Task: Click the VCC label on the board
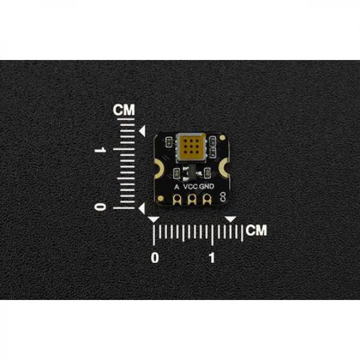(191, 187)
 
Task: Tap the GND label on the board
(206, 187)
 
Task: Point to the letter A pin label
(176, 187)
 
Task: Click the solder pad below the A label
(177, 199)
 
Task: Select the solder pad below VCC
(192, 199)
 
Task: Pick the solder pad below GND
(207, 199)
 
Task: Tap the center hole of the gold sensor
(191, 146)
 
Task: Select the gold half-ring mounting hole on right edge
(224, 169)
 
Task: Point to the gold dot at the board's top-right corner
(222, 138)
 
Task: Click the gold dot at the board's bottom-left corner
(161, 199)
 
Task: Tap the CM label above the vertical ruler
(124, 110)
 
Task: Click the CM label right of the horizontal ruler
(256, 230)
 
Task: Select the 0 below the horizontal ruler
(155, 257)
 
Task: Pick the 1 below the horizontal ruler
(212, 257)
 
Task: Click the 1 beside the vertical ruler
(100, 149)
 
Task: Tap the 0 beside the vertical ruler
(100, 207)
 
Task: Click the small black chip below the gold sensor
(192, 173)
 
